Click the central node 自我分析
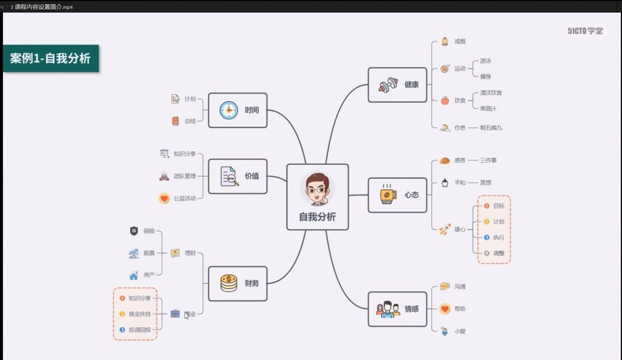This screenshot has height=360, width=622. [317, 197]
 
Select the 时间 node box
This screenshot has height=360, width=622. [238, 110]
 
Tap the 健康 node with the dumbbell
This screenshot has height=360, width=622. [398, 84]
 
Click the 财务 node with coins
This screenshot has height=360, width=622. [238, 283]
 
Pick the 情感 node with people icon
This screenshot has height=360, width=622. [398, 308]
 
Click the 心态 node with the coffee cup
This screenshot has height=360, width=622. [398, 195]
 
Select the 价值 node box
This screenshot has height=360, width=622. [238, 176]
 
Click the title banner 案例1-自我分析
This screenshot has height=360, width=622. [50, 58]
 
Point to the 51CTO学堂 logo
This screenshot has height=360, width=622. [585, 31]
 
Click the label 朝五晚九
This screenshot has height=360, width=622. [491, 127]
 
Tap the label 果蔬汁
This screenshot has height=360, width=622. [488, 109]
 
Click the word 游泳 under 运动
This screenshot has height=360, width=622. [485, 61]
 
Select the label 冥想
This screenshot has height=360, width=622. [485, 182]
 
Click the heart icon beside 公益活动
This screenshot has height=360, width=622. [164, 198]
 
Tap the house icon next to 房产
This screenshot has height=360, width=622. [134, 275]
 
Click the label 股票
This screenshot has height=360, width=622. [149, 253]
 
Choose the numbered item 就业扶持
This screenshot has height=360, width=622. [139, 314]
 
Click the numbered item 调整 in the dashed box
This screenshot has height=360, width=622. [499, 253]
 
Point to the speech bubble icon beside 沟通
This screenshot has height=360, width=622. [445, 287]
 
